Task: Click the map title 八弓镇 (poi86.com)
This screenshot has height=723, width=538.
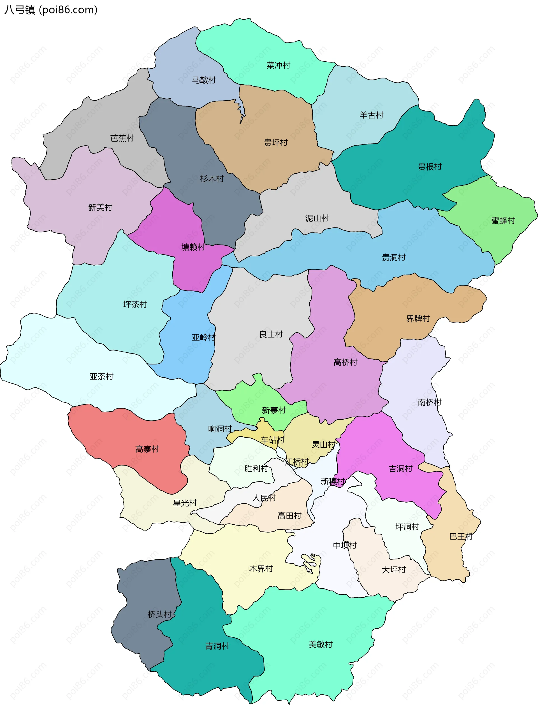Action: click(x=51, y=10)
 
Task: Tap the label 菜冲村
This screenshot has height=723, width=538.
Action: click(x=278, y=66)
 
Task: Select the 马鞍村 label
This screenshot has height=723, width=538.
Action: click(x=204, y=80)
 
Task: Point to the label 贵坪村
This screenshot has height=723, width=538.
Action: click(x=275, y=143)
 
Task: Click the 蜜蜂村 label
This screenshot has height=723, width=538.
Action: click(x=503, y=221)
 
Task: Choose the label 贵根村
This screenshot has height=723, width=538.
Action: click(x=430, y=167)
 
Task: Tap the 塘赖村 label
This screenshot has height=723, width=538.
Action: click(x=193, y=247)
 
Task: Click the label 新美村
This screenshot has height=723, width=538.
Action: click(x=100, y=207)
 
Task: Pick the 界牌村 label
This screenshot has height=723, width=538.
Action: click(x=418, y=319)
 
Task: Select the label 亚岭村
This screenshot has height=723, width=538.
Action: click(x=203, y=337)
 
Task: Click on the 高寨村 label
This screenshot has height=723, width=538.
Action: click(x=147, y=449)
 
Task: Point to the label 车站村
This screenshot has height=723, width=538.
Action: click(x=273, y=440)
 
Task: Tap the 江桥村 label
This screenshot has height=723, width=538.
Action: click(x=297, y=462)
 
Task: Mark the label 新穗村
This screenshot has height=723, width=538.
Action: click(x=333, y=482)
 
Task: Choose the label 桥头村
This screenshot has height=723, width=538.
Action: click(x=159, y=614)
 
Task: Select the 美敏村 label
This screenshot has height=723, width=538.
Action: click(x=321, y=644)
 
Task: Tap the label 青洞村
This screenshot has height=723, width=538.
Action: click(x=217, y=646)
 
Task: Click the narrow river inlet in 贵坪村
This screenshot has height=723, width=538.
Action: click(x=241, y=111)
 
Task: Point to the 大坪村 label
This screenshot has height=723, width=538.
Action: click(x=394, y=570)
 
